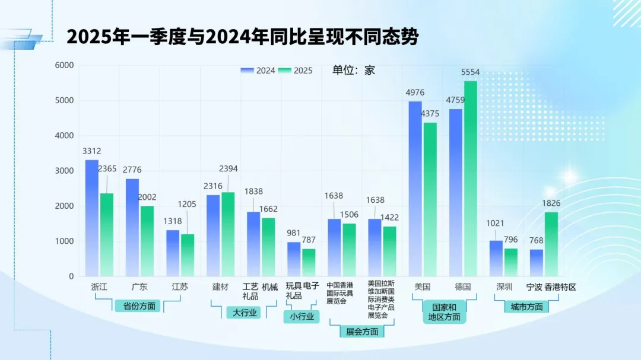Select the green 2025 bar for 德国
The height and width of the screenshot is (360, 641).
pos(471,178)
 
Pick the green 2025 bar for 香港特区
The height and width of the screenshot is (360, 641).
pos(551,244)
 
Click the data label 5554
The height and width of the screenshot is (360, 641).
pos(470,72)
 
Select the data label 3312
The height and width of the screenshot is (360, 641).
pos(92,151)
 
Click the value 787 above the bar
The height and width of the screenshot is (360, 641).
pos(309,240)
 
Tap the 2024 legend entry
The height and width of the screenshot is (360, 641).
pos(258,71)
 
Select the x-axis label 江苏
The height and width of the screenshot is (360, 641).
pos(180,287)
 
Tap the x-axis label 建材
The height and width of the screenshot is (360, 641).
pos(220,287)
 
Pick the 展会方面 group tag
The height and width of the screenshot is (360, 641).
pos(362,332)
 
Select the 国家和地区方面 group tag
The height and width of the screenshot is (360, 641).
pos(444,312)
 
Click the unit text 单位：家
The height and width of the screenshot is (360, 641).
pos(353,71)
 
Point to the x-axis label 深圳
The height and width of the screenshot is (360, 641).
pos(504,287)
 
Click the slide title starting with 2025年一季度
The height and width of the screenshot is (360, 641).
pos(242,37)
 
